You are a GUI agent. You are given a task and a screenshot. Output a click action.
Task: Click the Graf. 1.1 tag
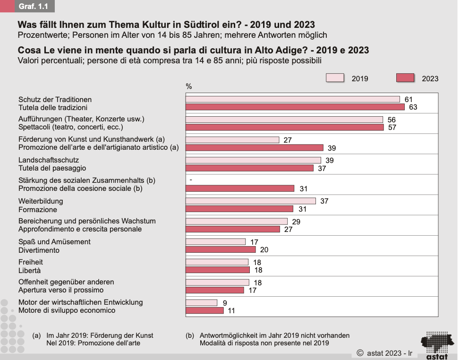click(x=34, y=6)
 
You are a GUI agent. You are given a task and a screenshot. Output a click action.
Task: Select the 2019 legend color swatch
click(x=335, y=78)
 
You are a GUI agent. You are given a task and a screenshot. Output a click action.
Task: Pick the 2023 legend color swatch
click(x=405, y=78)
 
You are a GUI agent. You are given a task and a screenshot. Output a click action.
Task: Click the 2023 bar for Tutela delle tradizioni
click(x=295, y=107)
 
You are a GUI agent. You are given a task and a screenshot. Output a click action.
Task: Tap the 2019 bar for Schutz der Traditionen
click(x=292, y=99)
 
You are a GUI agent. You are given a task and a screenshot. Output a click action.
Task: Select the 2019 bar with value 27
click(x=232, y=140)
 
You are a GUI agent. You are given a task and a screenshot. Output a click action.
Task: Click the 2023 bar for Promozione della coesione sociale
click(x=240, y=189)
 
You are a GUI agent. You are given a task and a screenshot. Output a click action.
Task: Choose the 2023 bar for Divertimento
click(x=221, y=249)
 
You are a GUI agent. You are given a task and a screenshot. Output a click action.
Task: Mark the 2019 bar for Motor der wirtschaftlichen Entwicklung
click(x=201, y=302)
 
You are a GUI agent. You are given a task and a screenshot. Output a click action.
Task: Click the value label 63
click(x=413, y=107)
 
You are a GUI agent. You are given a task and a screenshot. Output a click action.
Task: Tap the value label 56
click(x=392, y=120)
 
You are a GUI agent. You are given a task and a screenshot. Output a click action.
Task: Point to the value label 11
click(x=231, y=311)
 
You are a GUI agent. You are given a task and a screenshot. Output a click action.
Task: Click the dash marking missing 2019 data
click(x=190, y=180)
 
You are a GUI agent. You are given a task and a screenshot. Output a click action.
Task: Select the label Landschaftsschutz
click(x=49, y=160)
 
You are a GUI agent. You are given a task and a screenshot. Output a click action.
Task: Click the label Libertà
click(x=29, y=270)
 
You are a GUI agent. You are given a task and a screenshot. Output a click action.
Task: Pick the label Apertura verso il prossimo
click(x=61, y=290)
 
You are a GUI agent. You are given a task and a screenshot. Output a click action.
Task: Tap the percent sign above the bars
click(x=189, y=86)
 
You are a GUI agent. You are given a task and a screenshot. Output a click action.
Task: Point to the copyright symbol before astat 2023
click(x=360, y=352)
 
